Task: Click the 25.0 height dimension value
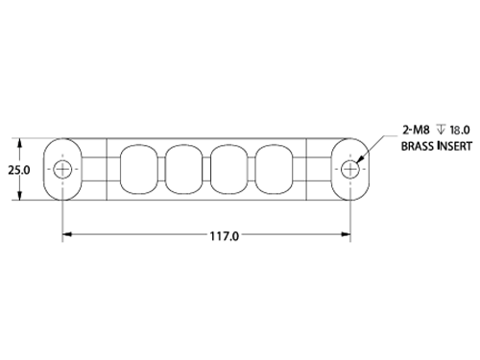19,170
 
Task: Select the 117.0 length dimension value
224,236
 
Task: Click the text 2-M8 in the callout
416,130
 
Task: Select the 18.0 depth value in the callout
460,130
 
